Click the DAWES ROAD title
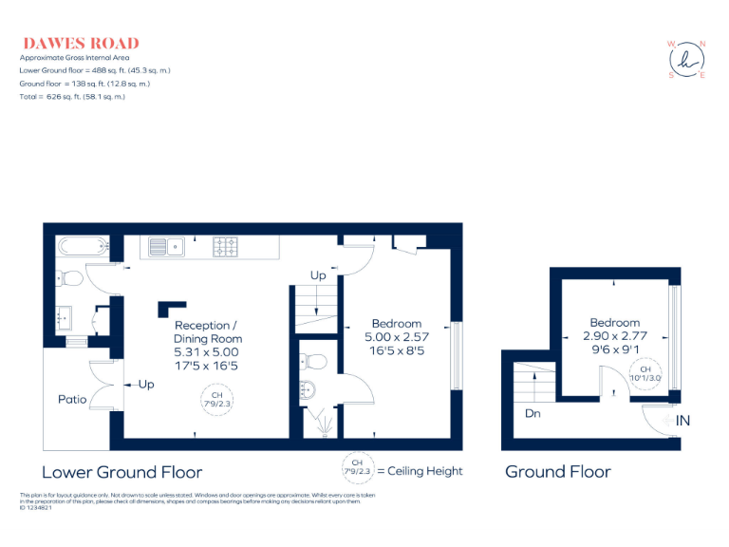(x=81, y=43)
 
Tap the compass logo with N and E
(x=687, y=59)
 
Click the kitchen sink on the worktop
(x=167, y=247)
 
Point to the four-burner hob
(x=226, y=247)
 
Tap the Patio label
(x=73, y=400)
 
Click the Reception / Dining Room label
(x=207, y=332)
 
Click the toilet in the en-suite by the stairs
(x=312, y=360)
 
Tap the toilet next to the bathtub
(x=68, y=277)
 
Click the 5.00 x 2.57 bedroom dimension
(x=397, y=337)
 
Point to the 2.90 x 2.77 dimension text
(x=614, y=336)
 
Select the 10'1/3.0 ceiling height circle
(x=645, y=373)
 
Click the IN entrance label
(x=682, y=420)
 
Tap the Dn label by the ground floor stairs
(x=533, y=414)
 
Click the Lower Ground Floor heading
(x=122, y=472)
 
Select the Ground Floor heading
(x=557, y=472)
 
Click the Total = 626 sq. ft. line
(x=72, y=97)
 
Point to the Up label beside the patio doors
(x=146, y=385)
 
